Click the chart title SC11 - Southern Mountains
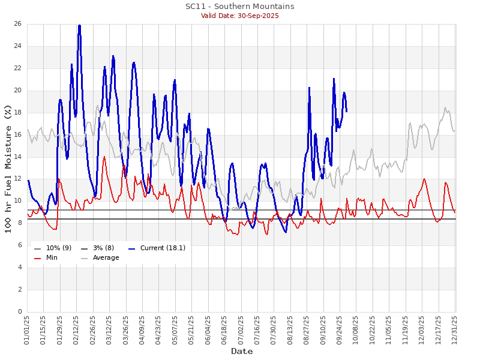[x=239, y=6]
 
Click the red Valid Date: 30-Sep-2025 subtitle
[x=239, y=16]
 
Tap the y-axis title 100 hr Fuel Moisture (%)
[x=8, y=168]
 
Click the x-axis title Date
[x=242, y=351]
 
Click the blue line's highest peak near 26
[x=79, y=25]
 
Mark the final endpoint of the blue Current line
[x=346, y=111]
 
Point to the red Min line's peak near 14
[x=104, y=157]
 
